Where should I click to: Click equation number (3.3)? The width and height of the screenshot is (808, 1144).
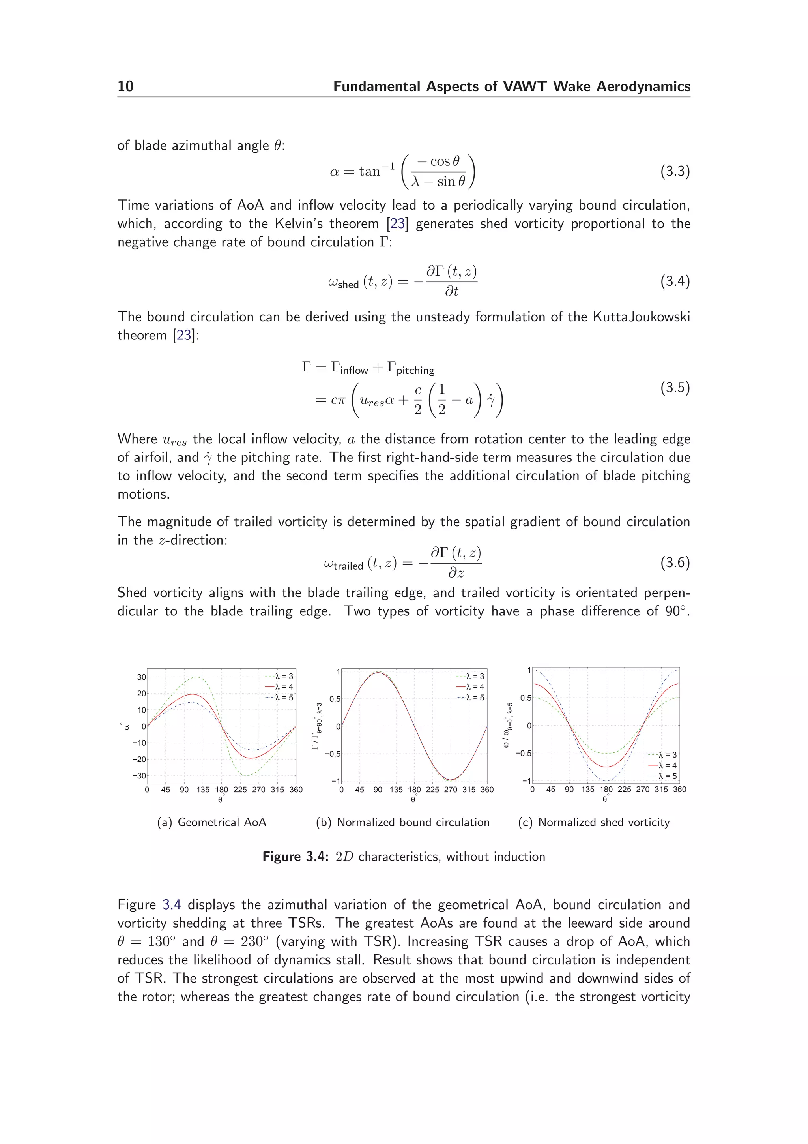pyautogui.click(x=675, y=171)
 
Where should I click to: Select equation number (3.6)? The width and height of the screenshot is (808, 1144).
pyautogui.click(x=675, y=563)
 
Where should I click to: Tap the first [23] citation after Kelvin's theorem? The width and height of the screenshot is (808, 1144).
pyautogui.click(x=397, y=224)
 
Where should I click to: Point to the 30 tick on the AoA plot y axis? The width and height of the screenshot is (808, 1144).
pyautogui.click(x=141, y=677)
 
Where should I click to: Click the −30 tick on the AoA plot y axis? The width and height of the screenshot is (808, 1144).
pyautogui.click(x=139, y=776)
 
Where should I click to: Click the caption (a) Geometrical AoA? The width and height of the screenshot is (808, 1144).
pyautogui.click(x=211, y=822)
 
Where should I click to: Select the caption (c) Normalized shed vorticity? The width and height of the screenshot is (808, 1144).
pyautogui.click(x=593, y=822)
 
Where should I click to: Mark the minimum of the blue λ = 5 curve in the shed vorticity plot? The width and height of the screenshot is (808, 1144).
pyautogui.click(x=606, y=781)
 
